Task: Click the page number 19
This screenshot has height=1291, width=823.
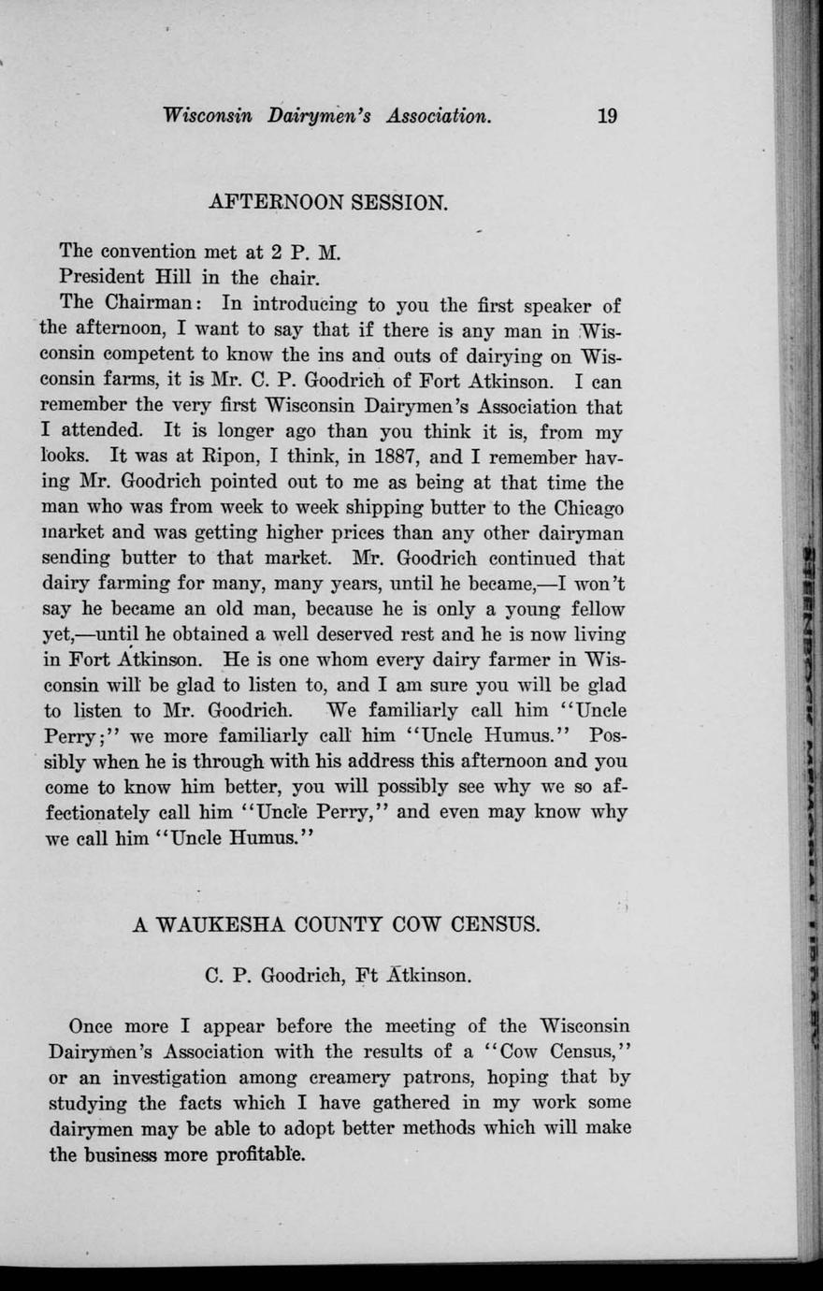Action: pos(607,116)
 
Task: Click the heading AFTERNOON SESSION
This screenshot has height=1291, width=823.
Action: pos(329,202)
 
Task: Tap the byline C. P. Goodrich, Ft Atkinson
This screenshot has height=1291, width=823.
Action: pos(338,976)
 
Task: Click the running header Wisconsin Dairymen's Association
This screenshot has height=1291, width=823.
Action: pos(326,116)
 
